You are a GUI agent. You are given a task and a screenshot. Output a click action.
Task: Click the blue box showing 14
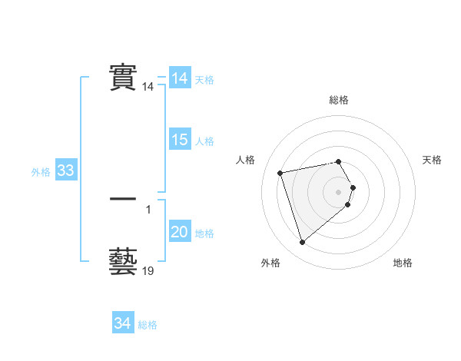pos(180,78)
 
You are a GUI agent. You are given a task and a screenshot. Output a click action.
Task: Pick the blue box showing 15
pos(180,140)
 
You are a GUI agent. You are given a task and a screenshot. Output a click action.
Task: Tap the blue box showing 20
pos(180,232)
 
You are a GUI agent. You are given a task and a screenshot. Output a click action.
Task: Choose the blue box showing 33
pos(65,171)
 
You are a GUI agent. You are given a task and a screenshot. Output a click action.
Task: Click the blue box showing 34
pos(123,323)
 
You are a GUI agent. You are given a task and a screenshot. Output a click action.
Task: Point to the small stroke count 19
pos(148,271)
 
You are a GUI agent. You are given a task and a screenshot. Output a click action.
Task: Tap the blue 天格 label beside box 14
pos(204,80)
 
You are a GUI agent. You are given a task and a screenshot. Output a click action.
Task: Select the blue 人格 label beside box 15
pos(204,141)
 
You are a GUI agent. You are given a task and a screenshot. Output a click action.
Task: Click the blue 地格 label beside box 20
pos(204,233)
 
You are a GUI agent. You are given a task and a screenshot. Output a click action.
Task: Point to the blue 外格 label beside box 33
pos(41,172)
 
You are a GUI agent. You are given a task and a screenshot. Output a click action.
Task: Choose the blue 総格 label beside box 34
pos(148,325)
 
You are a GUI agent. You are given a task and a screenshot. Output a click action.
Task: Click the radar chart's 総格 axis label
pos(339,100)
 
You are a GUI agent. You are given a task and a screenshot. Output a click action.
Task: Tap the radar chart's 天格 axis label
pos(432,160)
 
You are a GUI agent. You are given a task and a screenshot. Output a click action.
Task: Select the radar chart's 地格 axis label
pos(403,263)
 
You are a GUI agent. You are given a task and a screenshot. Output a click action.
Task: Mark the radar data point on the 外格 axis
pos(302,243)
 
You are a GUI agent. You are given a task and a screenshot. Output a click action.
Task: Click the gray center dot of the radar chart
pos(339,191)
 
